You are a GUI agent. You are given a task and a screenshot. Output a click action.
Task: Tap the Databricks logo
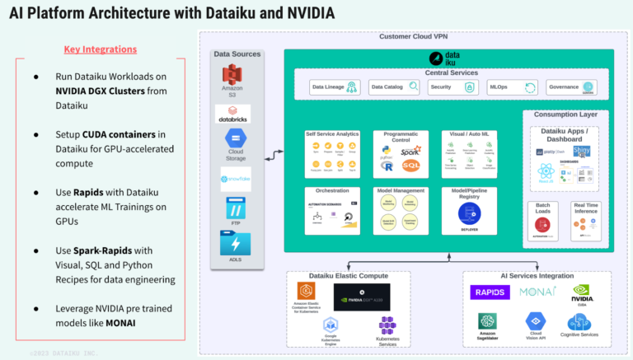click(x=232, y=114)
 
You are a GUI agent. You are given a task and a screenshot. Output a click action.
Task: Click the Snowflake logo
click(x=235, y=179)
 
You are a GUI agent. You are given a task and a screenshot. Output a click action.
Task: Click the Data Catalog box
click(x=392, y=86)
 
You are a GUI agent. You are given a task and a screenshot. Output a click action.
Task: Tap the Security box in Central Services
click(x=450, y=86)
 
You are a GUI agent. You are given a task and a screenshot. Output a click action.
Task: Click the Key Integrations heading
click(x=100, y=49)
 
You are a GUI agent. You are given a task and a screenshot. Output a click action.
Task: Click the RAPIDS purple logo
click(x=490, y=292)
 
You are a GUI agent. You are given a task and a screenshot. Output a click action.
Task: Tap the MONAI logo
click(x=537, y=292)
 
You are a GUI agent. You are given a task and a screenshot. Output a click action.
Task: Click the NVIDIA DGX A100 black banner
click(x=362, y=297)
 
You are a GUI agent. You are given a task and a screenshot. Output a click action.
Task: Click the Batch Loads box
click(x=543, y=222)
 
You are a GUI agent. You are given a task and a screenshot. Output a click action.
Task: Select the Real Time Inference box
click(x=586, y=222)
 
